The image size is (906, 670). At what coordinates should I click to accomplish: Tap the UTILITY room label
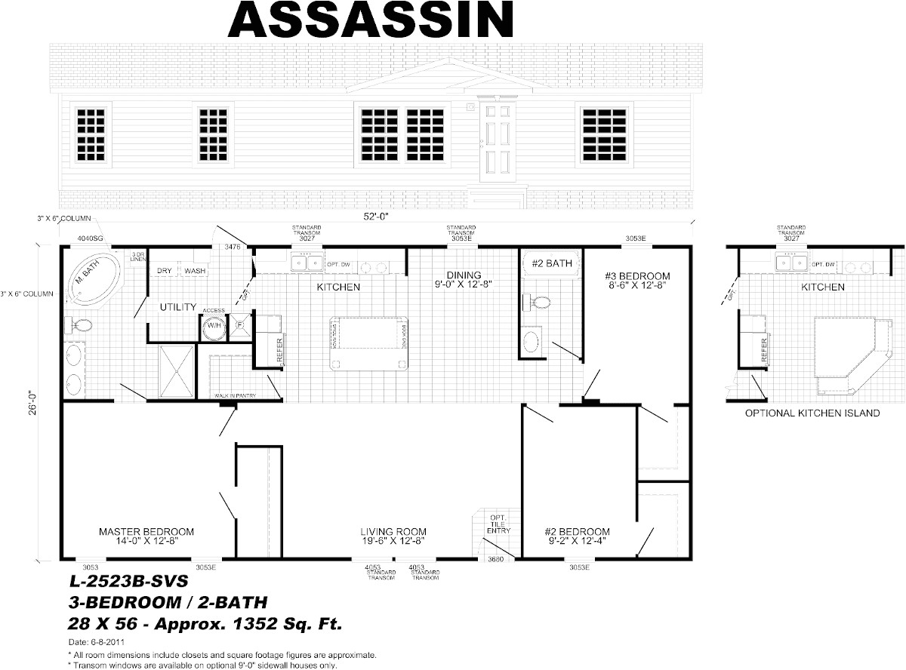178,307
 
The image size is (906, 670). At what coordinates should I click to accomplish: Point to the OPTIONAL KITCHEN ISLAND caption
812,413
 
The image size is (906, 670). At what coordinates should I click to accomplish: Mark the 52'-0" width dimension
374,216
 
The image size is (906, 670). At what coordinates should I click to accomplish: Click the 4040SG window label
91,238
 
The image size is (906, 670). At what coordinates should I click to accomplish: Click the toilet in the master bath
80,326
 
